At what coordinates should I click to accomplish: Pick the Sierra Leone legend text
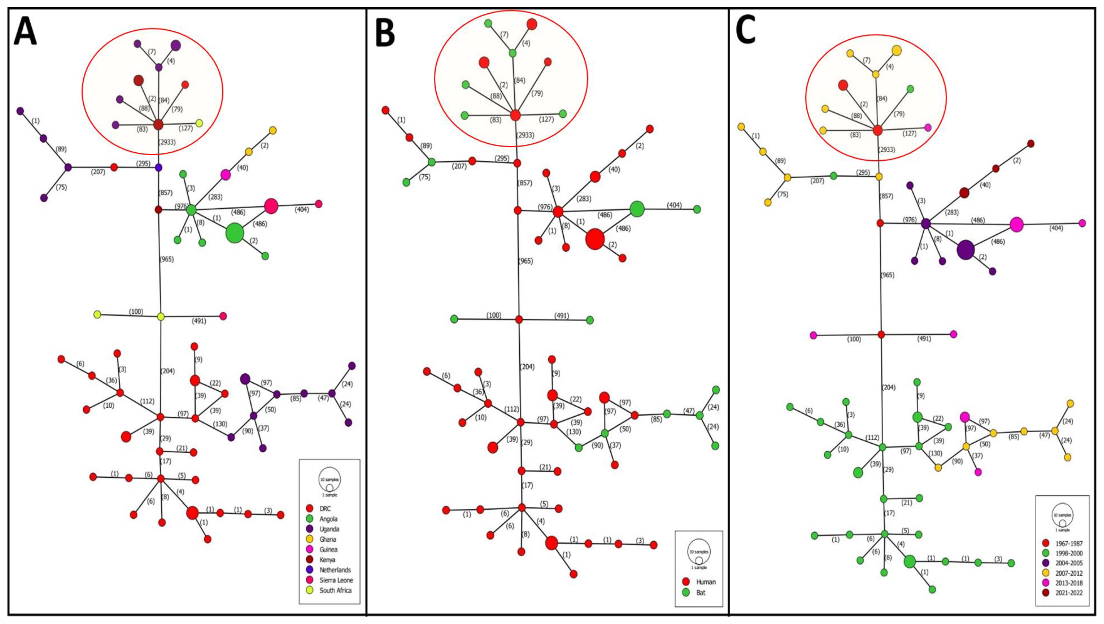click(336, 580)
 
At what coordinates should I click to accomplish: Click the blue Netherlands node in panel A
click(158, 168)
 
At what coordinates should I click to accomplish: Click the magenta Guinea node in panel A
click(225, 174)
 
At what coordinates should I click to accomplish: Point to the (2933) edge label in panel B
click(525, 135)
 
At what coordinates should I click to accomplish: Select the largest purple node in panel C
click(966, 250)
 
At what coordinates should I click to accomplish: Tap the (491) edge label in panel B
click(561, 316)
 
